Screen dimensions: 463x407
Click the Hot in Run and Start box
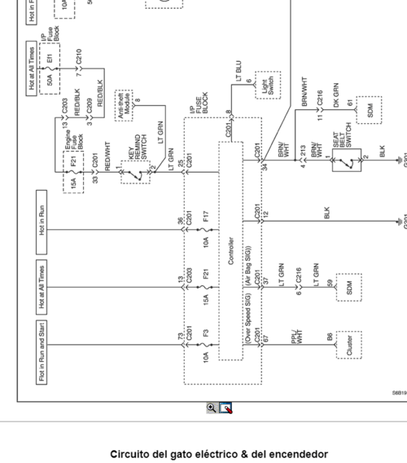[42, 351]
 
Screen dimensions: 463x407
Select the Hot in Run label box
[42, 214]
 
